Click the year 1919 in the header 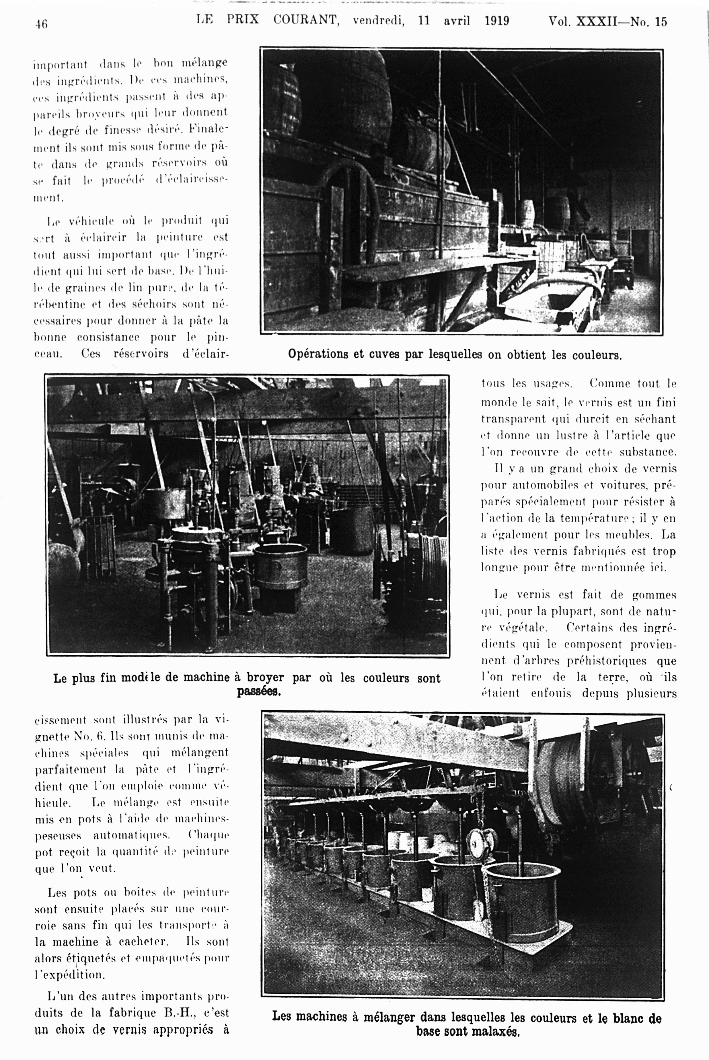496,21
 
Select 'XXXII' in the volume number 595,22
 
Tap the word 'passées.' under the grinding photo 259,691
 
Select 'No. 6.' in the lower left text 89,736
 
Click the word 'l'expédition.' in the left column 70,974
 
